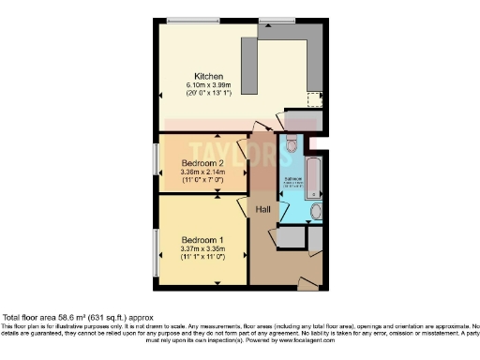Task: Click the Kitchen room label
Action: click(207, 76)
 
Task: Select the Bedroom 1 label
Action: click(202, 239)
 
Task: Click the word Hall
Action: click(264, 210)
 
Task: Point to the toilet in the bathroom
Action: click(291, 144)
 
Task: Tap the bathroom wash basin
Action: click(315, 211)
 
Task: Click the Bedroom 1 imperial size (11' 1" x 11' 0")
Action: click(203, 257)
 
